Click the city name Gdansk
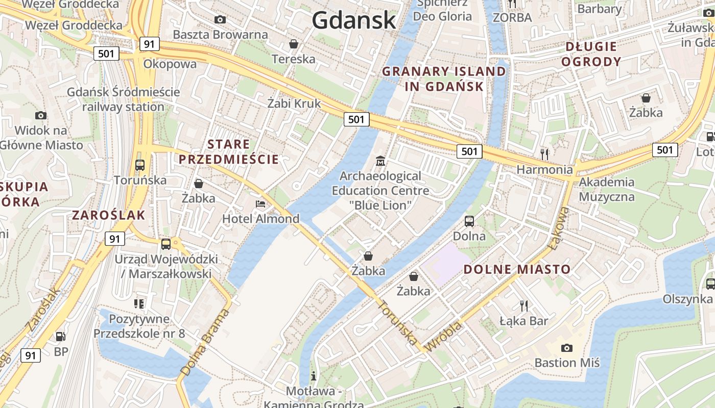tap(354, 20)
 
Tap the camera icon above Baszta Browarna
tap(220, 19)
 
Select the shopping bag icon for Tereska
tap(294, 44)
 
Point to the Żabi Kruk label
tap(294, 103)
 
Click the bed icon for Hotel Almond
tap(260, 204)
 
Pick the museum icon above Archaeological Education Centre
tap(380, 161)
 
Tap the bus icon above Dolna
tap(469, 221)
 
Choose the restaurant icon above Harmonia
tap(544, 154)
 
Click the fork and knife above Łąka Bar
tap(523, 305)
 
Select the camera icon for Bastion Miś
tap(566, 348)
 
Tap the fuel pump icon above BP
tap(61, 336)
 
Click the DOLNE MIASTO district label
tap(517, 269)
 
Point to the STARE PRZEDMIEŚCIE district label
tap(229, 151)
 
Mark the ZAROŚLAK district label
tap(109, 215)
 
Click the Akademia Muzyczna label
tap(607, 189)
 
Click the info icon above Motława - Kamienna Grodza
tap(314, 376)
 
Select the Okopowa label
tap(170, 64)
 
